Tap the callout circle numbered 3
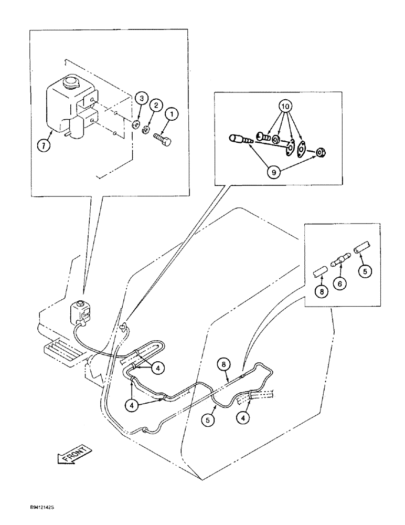pos(140,98)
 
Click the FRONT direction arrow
pos(73,453)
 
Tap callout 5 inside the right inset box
pos(365,271)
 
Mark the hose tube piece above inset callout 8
pos(320,271)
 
